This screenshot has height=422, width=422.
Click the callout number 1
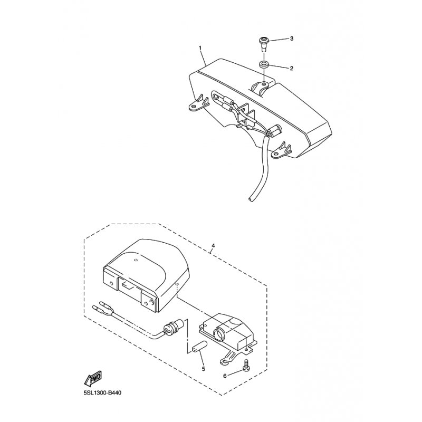200,48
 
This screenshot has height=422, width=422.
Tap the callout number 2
291,69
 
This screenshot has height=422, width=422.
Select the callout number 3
291,39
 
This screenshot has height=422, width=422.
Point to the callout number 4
213,246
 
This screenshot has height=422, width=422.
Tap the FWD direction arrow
93,378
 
